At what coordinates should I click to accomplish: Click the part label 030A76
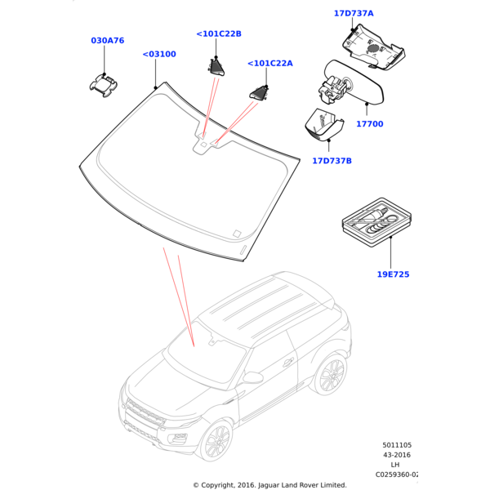[107, 40]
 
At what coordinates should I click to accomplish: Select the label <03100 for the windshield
[158, 55]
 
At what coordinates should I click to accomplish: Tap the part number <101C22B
[219, 33]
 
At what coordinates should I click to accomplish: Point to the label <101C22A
[269, 63]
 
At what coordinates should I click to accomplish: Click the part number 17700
[369, 124]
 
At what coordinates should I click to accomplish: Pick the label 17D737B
[332, 161]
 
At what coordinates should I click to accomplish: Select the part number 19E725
[393, 274]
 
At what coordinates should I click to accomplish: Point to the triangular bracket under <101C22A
[259, 94]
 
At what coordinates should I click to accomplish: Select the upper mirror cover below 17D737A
[372, 46]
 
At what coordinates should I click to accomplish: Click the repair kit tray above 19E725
[376, 220]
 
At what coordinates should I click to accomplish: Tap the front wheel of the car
[218, 441]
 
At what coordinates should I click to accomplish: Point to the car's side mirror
[253, 378]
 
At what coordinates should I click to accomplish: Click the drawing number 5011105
[398, 446]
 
